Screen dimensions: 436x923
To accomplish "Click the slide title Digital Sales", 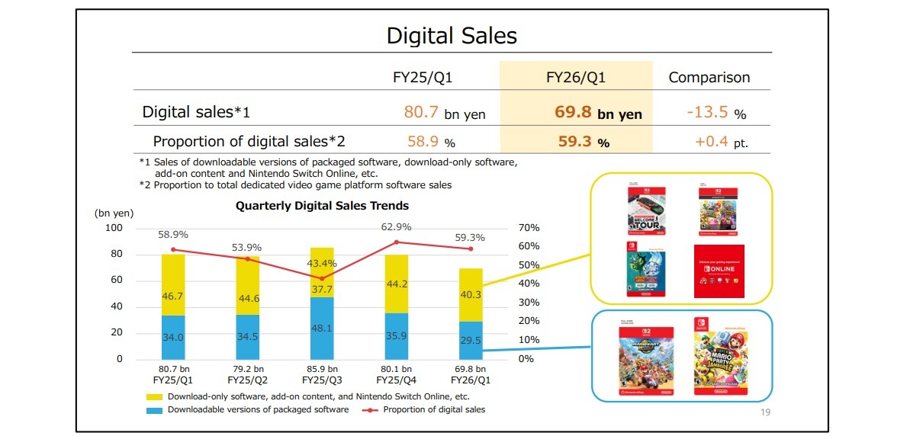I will click(x=452, y=35).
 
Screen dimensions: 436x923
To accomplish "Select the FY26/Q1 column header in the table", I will click(x=576, y=77).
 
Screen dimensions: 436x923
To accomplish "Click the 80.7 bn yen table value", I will click(x=444, y=113).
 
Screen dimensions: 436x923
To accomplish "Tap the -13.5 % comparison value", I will click(x=716, y=113).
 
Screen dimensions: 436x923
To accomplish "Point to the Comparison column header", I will click(x=709, y=77).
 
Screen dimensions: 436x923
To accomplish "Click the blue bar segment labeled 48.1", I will click(x=322, y=329).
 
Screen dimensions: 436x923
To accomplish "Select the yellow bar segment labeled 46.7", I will click(x=173, y=284).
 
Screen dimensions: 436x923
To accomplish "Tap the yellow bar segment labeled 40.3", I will click(x=471, y=294).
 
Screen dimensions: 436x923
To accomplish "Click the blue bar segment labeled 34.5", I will click(x=248, y=337).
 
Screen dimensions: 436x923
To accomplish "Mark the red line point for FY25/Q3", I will click(x=322, y=278).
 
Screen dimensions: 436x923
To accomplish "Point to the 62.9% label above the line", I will click(x=397, y=226).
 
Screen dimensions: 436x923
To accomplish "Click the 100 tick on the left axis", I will click(x=113, y=228).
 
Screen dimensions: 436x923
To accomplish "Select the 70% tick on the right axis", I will click(x=529, y=228).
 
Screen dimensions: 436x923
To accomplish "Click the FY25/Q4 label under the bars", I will click(x=397, y=379).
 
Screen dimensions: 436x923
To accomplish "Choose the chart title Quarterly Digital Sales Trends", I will click(x=322, y=206).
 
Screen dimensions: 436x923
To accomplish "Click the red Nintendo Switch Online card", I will click(x=719, y=271).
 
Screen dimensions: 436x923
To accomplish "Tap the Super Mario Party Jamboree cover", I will click(x=718, y=356).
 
